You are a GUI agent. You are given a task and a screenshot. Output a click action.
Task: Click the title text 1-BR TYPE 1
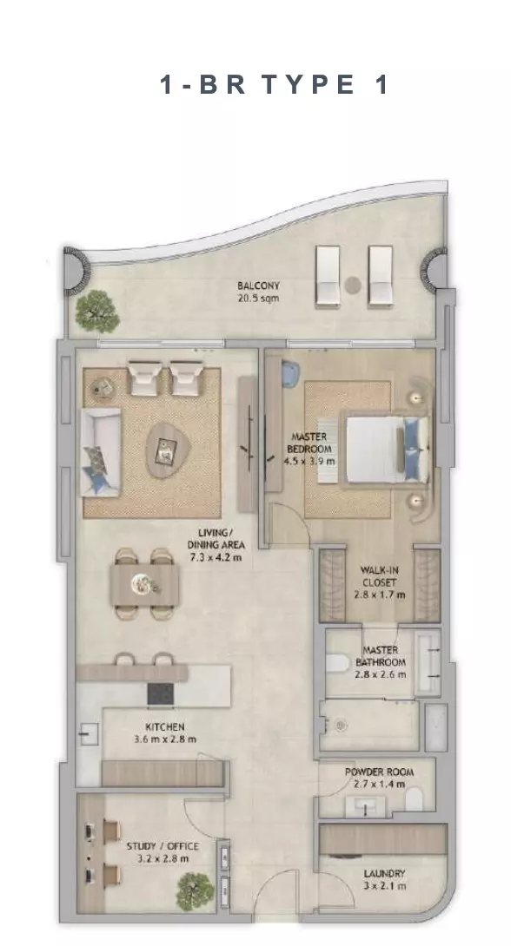tap(275, 84)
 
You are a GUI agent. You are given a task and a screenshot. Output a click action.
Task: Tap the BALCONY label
tap(258, 286)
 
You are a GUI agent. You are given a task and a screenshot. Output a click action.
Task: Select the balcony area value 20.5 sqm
tap(258, 298)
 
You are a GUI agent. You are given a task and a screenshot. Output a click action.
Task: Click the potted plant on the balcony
tap(96, 312)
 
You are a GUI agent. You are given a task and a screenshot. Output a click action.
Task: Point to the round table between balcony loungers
tap(353, 284)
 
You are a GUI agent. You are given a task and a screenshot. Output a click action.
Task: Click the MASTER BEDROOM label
tap(309, 443)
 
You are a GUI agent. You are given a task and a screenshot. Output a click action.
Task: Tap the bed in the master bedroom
tap(387, 449)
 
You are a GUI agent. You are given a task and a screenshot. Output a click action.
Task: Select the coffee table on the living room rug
tap(169, 450)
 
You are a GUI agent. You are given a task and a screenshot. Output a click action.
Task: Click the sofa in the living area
tap(101, 452)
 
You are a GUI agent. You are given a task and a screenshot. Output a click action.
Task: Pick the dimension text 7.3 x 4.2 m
tap(216, 557)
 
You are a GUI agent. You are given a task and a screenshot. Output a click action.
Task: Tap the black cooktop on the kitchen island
tap(161, 693)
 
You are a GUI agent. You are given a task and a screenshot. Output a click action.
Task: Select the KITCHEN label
tap(165, 727)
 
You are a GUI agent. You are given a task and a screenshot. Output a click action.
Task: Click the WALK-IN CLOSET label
tap(379, 576)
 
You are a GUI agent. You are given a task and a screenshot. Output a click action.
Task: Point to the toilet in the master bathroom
tap(336, 662)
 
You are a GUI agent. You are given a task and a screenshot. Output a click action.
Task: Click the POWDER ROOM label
tap(379, 772)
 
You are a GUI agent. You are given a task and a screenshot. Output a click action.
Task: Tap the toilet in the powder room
tap(415, 800)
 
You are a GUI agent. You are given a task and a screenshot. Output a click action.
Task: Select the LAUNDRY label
tap(384, 874)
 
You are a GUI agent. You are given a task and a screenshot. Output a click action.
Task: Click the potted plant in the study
tap(195, 890)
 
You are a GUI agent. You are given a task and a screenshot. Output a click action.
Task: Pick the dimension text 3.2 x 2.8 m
tap(163, 859)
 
